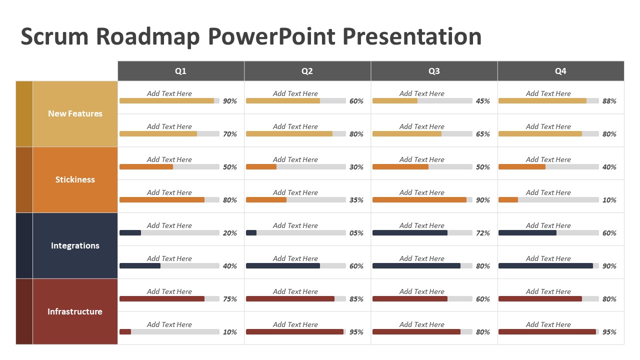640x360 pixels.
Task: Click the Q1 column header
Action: click(x=180, y=71)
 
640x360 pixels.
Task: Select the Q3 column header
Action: click(x=434, y=71)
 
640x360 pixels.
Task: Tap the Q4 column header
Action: click(x=560, y=71)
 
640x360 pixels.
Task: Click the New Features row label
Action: click(x=75, y=113)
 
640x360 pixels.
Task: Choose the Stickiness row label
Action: click(x=75, y=179)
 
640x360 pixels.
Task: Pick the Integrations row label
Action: click(x=75, y=245)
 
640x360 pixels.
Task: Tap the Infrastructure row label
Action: click(x=75, y=311)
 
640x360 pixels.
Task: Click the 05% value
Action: click(x=356, y=233)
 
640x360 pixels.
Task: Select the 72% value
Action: click(x=483, y=233)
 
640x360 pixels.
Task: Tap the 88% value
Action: click(x=609, y=101)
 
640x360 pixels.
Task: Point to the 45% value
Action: click(x=483, y=101)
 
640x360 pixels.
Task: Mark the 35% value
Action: click(x=356, y=200)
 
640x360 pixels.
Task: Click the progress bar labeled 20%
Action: click(x=169, y=232)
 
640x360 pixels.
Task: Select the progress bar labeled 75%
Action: click(x=169, y=298)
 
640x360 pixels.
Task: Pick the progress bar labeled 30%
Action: click(x=295, y=166)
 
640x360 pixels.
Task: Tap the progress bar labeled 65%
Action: click(x=422, y=133)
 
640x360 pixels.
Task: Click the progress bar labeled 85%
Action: click(x=295, y=298)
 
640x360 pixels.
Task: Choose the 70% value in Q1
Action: click(x=230, y=134)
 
